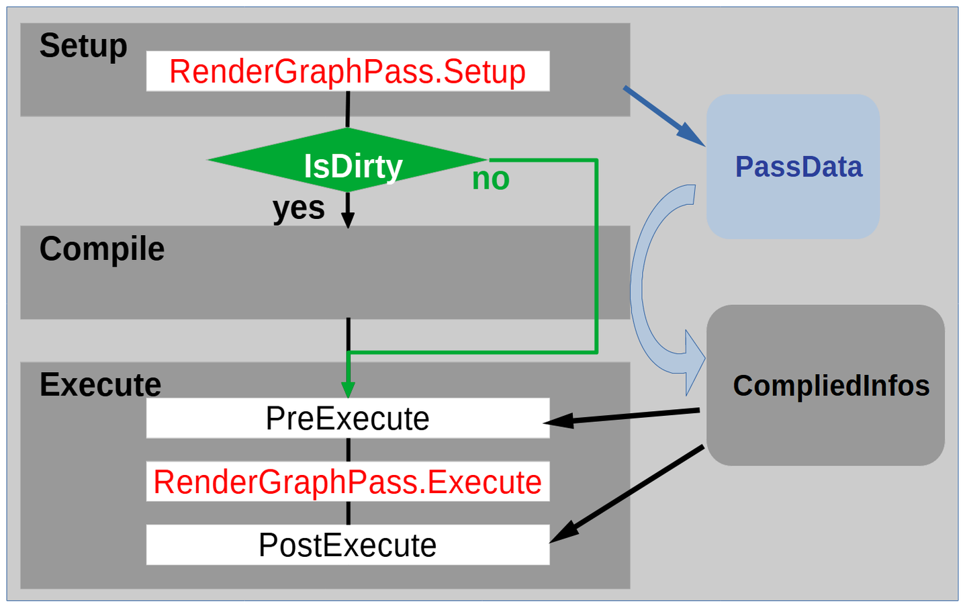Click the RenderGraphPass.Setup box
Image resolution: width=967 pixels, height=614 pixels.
pyautogui.click(x=348, y=71)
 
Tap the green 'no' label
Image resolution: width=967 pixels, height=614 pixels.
pyautogui.click(x=490, y=179)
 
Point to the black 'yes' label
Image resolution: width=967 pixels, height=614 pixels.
pyautogui.click(x=299, y=208)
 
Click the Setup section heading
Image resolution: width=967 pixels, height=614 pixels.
pyautogui.click(x=83, y=46)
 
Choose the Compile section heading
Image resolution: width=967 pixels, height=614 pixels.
pyautogui.click(x=101, y=249)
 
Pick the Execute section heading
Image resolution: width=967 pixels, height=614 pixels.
pyautogui.click(x=100, y=385)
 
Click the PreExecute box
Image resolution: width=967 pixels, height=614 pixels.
pyautogui.click(x=348, y=419)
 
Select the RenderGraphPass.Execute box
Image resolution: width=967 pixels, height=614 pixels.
pyautogui.click(x=348, y=482)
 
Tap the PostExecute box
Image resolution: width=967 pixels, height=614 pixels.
pyautogui.click(x=348, y=545)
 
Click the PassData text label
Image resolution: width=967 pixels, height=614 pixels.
pyautogui.click(x=798, y=167)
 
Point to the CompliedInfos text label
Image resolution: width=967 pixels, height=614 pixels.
pyautogui.click(x=831, y=386)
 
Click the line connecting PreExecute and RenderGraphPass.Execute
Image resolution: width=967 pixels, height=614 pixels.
pyautogui.click(x=348, y=449)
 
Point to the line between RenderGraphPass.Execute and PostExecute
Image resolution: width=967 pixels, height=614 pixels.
pyautogui.click(x=348, y=513)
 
